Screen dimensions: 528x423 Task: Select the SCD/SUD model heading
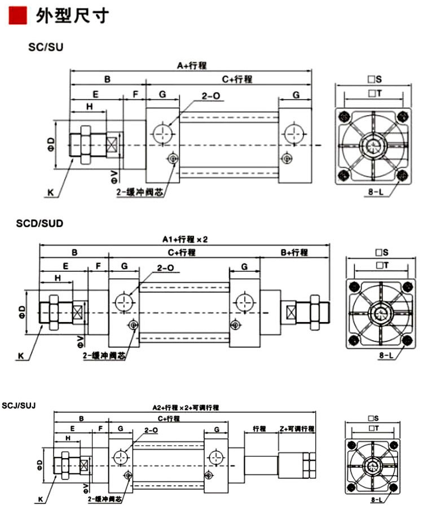pyautogui.click(x=39, y=223)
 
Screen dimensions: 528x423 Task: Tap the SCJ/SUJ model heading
pyautogui.click(x=19, y=405)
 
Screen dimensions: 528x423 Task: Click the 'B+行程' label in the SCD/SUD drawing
pyautogui.click(x=294, y=252)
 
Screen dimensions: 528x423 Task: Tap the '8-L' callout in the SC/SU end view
pyautogui.click(x=375, y=192)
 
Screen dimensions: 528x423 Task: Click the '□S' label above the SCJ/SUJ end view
pyautogui.click(x=372, y=418)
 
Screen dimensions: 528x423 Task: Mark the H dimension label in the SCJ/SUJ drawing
pyautogui.click(x=68, y=438)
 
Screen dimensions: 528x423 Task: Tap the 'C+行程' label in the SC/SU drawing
pyautogui.click(x=236, y=79)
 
